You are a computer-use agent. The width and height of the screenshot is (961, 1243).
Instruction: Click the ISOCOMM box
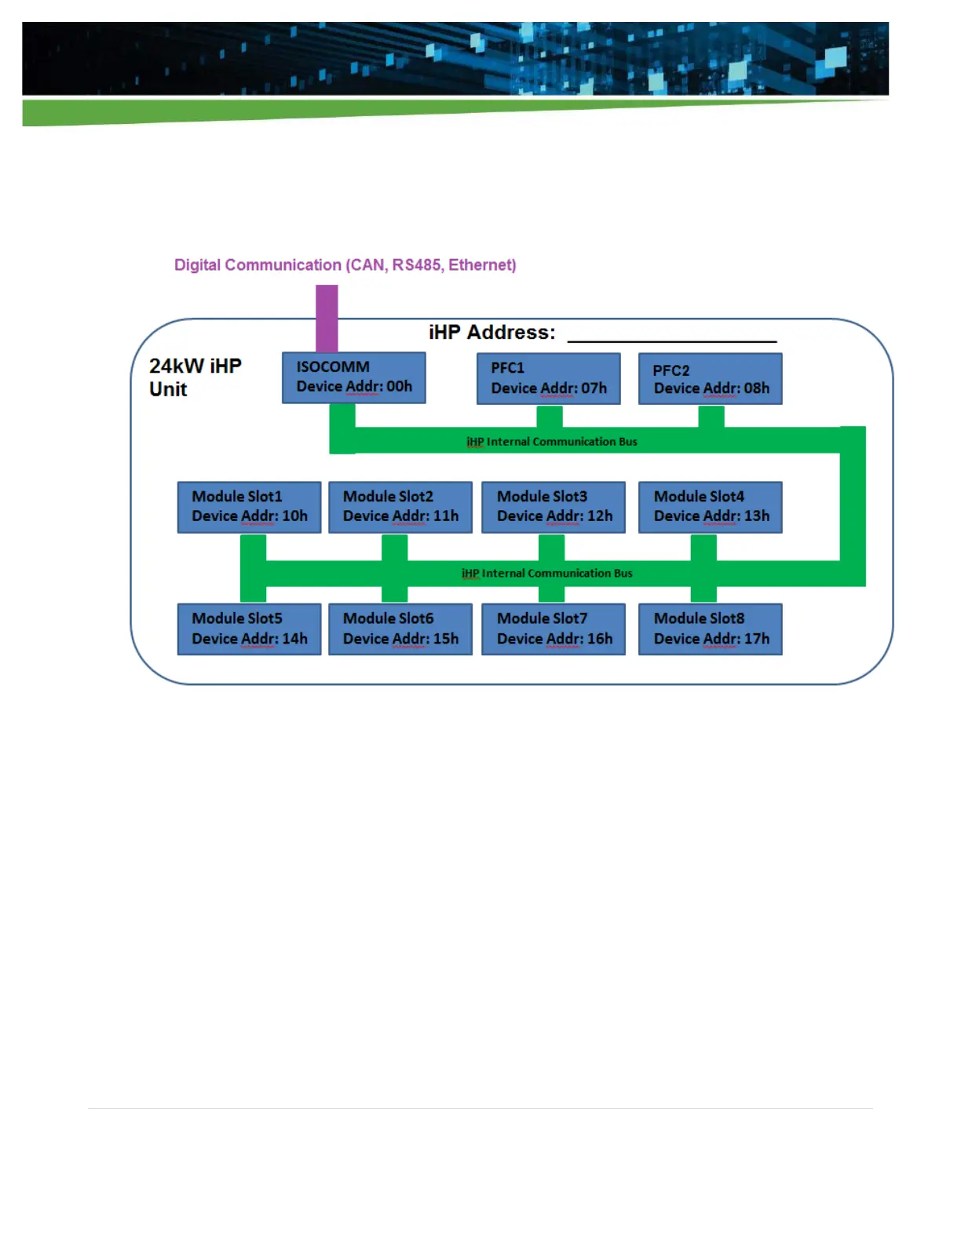[353, 377]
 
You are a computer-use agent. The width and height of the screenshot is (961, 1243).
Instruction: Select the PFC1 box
[548, 378]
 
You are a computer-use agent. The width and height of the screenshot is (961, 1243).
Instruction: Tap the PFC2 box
[710, 379]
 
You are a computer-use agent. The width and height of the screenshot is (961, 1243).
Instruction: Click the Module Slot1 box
[249, 507]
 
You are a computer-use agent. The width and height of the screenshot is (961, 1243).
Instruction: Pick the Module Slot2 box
[400, 507]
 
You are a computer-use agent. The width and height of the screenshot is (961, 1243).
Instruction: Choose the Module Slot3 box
[553, 507]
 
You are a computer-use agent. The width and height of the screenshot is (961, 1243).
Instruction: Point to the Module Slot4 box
[710, 507]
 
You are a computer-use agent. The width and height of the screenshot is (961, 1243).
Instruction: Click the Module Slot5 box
[249, 629]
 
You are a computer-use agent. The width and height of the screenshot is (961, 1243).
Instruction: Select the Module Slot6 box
[400, 629]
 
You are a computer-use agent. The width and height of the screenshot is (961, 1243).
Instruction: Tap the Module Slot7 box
[553, 629]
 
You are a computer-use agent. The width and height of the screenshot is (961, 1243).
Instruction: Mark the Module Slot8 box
[710, 629]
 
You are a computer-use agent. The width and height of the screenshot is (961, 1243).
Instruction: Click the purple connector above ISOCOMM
[327, 318]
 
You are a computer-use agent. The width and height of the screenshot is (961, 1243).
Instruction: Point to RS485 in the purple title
[416, 265]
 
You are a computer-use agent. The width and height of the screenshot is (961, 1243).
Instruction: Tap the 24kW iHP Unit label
[195, 377]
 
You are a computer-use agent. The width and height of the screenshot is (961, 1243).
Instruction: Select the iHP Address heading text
[491, 333]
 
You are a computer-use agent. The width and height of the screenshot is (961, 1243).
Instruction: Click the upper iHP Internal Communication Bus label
[551, 442]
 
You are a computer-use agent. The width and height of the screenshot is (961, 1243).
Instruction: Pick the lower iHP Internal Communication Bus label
[546, 574]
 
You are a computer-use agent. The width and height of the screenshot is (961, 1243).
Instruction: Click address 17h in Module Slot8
[757, 639]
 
